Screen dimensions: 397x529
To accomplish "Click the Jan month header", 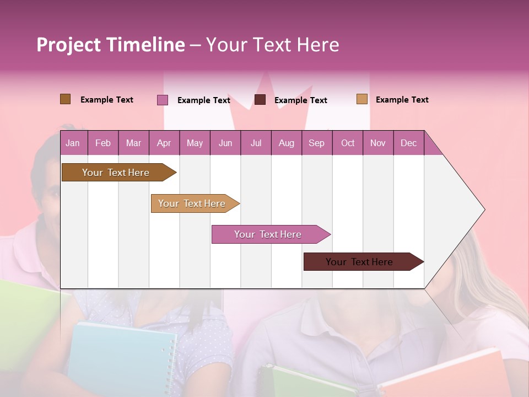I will [73, 143].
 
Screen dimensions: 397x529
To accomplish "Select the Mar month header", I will [133, 143].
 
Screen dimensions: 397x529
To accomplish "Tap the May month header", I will [195, 143].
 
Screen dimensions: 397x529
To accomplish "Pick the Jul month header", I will [256, 143].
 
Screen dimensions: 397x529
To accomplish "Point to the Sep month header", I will [316, 143].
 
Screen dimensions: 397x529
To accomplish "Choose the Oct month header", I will [348, 143].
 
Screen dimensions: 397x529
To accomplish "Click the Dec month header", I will [408, 143].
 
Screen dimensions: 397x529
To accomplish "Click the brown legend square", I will [65, 99].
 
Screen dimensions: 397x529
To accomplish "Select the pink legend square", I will [162, 100].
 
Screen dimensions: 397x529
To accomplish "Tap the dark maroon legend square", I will [260, 100].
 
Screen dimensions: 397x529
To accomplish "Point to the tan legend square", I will [361, 99].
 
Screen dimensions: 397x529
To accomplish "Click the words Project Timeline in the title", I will [110, 45].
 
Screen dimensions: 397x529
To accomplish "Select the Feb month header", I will [103, 143].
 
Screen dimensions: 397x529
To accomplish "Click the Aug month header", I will [286, 143].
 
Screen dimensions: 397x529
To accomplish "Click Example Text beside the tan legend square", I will [402, 100].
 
